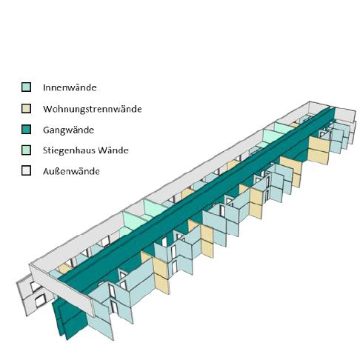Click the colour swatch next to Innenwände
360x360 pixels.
[26, 87]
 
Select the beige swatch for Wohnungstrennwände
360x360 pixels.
[26, 109]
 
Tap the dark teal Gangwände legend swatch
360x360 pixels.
[26, 130]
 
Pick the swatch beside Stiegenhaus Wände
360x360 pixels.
[26, 150]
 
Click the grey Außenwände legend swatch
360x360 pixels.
[26, 170]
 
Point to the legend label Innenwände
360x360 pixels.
[70, 87]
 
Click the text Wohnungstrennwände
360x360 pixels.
[93, 109]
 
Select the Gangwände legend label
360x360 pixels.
[68, 130]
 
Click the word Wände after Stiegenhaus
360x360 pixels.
[113, 150]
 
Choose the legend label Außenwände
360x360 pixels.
[71, 171]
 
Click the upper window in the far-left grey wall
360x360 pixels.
[36, 287]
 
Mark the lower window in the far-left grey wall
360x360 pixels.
[41, 301]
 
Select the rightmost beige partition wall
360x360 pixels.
[319, 150]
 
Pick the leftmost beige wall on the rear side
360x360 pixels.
[64, 268]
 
